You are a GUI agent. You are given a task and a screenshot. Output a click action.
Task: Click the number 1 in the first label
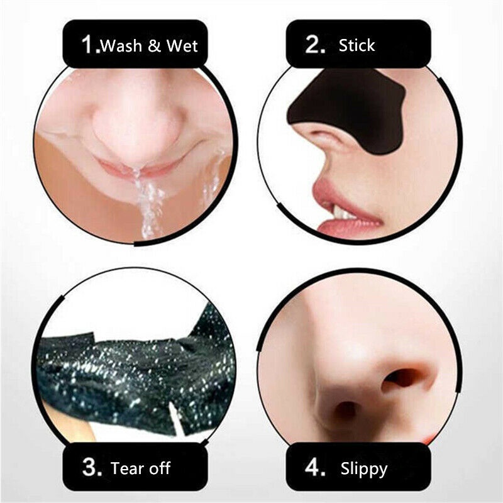(x=89, y=45)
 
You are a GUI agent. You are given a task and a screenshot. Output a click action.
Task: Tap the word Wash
(x=123, y=46)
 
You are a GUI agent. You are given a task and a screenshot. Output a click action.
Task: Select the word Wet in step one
(x=183, y=46)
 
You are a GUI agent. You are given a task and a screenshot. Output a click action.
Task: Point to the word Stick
(x=357, y=45)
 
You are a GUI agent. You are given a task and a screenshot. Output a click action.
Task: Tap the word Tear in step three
(x=125, y=468)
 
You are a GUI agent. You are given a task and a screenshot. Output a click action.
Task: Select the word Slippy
(x=363, y=469)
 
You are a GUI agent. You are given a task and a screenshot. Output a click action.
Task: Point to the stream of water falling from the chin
(x=147, y=201)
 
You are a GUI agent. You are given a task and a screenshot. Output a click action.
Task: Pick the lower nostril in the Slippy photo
(x=345, y=412)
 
